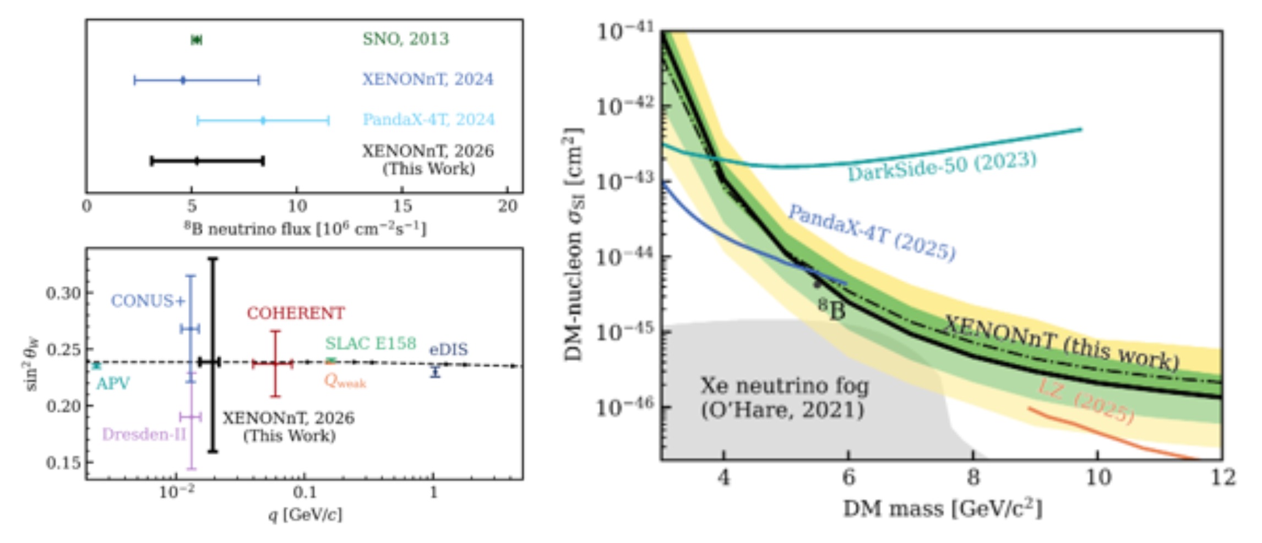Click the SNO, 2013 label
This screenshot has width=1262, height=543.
pyautogui.click(x=406, y=39)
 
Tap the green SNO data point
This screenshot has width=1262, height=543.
pyautogui.click(x=196, y=40)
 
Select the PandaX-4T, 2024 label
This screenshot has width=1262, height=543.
pyautogui.click(x=428, y=119)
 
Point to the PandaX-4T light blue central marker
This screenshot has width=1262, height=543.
pyautogui.click(x=263, y=120)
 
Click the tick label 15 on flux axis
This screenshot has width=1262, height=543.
pyautogui.click(x=402, y=206)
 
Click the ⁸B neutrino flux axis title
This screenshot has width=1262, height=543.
pyautogui.click(x=305, y=228)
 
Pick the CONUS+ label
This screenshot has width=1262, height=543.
pyautogui.click(x=148, y=301)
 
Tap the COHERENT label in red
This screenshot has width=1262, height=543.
pyautogui.click(x=296, y=313)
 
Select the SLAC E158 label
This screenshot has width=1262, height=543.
pyautogui.click(x=371, y=343)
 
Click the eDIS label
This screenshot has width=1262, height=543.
pyautogui.click(x=449, y=349)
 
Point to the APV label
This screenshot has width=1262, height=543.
pyautogui.click(x=113, y=383)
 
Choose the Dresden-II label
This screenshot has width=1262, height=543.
pyautogui.click(x=144, y=435)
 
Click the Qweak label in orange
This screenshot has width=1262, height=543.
pyautogui.click(x=345, y=381)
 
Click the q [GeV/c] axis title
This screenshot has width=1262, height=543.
pyautogui.click(x=305, y=514)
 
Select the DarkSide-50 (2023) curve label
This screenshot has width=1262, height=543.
pyautogui.click(x=942, y=166)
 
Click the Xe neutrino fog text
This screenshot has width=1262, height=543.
pyautogui.click(x=785, y=386)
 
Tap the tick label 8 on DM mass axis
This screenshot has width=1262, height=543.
pyautogui.click(x=973, y=477)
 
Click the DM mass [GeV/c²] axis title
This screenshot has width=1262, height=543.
pyautogui.click(x=943, y=508)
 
